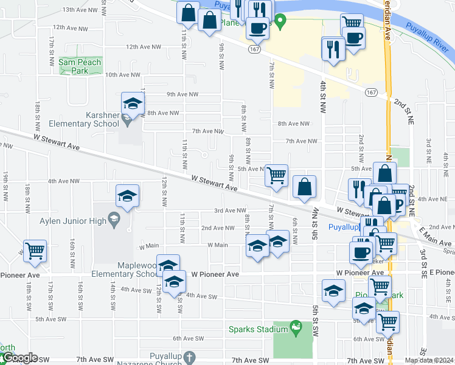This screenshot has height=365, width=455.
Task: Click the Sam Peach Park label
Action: point(74,66)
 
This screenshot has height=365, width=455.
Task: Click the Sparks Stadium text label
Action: point(258,329)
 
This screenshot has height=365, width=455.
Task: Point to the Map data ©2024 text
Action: point(429,360)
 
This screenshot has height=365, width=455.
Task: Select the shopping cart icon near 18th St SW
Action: point(35,251)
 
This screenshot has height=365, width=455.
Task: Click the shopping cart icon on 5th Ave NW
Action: point(277,175)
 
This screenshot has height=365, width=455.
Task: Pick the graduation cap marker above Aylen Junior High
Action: point(128,195)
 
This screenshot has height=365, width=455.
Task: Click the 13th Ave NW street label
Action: point(76,10)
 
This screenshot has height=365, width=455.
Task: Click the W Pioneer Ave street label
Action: point(213,274)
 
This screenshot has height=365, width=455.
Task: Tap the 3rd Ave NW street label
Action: point(229,210)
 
